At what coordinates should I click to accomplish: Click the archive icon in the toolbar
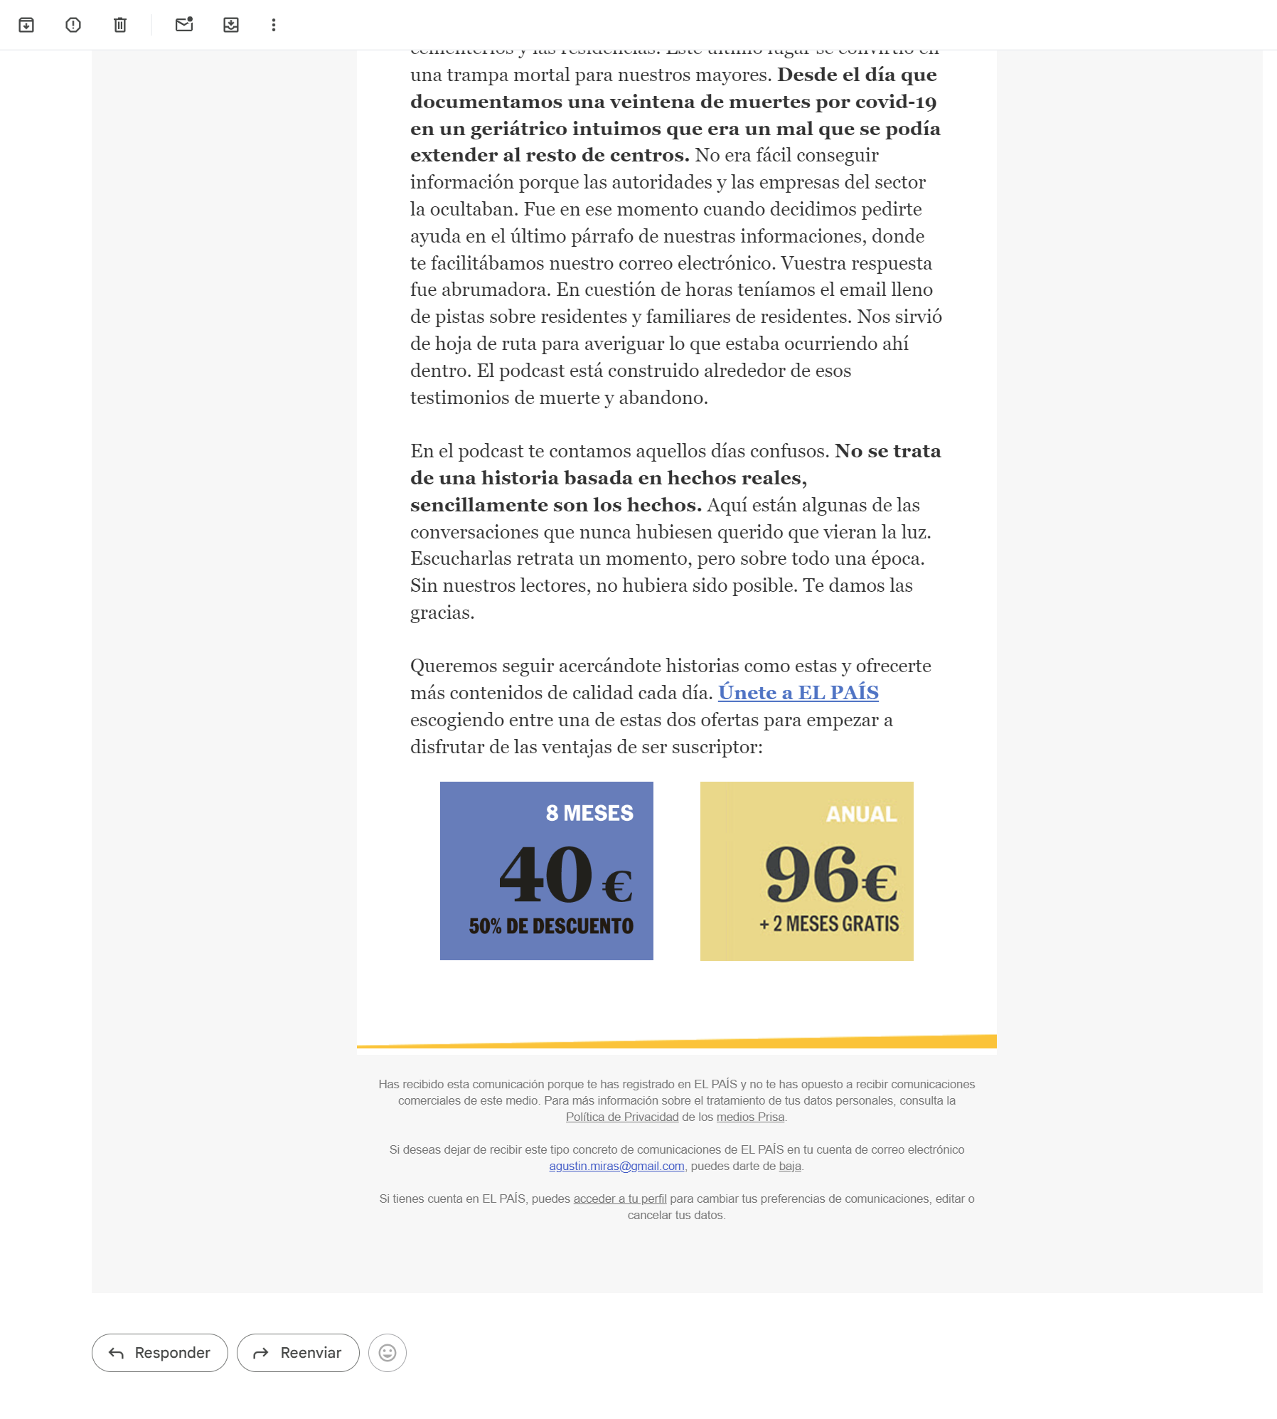(26, 25)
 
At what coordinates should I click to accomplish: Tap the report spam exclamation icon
(73, 25)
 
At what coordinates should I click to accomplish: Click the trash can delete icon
(120, 25)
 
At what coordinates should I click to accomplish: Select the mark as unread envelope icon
(184, 25)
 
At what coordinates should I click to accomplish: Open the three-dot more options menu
(274, 25)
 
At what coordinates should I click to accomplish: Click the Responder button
(160, 1352)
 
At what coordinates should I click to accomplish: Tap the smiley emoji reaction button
(388, 1352)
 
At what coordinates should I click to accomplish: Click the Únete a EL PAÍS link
(798, 692)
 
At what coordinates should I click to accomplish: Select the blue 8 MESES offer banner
(546, 871)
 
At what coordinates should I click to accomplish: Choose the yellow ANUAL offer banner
(806, 871)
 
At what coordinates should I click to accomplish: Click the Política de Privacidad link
(622, 1117)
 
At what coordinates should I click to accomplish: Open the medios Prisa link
(750, 1117)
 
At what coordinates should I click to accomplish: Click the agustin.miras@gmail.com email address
(616, 1166)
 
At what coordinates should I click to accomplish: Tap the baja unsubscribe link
(789, 1166)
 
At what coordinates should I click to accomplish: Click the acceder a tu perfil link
(620, 1199)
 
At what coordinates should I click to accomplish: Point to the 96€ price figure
(830, 875)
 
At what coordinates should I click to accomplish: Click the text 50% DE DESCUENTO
(551, 926)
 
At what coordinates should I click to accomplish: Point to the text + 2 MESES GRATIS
(829, 924)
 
